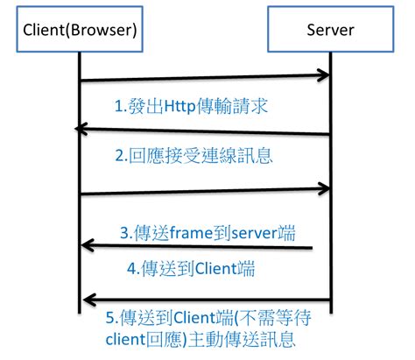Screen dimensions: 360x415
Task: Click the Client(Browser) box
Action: point(80,31)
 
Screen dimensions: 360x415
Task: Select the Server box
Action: point(330,31)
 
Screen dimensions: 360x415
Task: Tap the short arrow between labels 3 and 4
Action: point(197,248)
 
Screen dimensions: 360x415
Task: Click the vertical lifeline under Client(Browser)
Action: point(80,175)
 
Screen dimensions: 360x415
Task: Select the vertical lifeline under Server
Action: point(331,175)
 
